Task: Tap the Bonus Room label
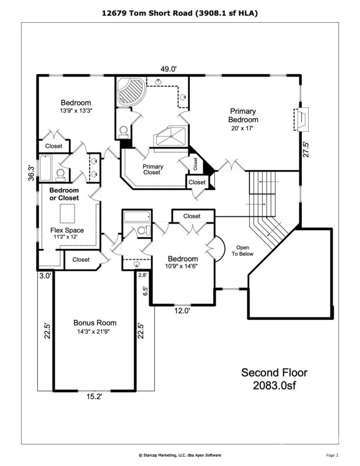click(94, 326)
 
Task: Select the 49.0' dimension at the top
click(169, 69)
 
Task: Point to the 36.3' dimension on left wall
click(32, 173)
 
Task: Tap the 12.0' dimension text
click(182, 310)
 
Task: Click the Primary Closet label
click(153, 170)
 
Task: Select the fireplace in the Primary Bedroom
click(303, 121)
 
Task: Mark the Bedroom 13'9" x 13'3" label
click(76, 106)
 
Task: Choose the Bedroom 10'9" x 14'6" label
click(182, 262)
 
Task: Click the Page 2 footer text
click(332, 454)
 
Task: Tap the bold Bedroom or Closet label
click(65, 195)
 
